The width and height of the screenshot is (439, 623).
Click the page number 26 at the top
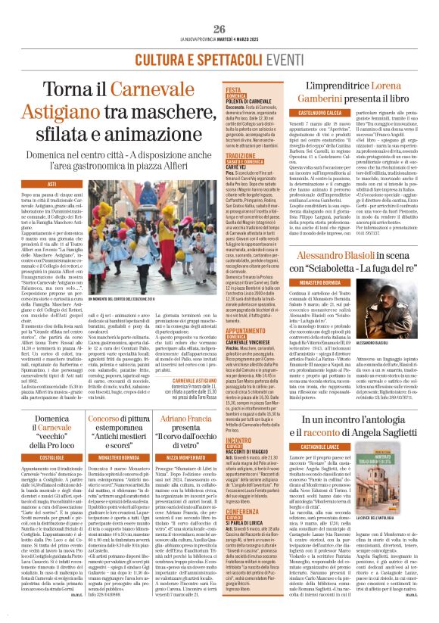219,29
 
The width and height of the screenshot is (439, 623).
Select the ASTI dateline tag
51,184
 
